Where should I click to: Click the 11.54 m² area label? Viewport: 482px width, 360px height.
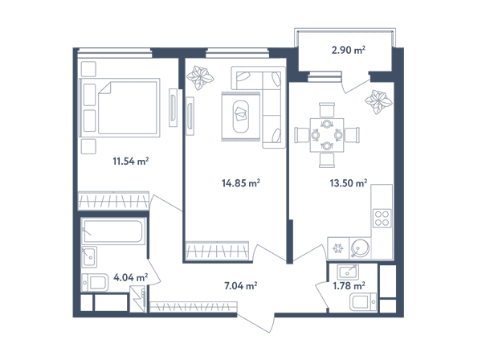(131, 161)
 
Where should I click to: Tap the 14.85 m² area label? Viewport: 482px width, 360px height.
(241, 183)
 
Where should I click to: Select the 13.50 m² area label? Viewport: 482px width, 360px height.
(349, 183)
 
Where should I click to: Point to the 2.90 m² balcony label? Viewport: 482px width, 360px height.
(349, 50)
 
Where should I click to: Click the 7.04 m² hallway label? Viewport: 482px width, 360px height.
(241, 286)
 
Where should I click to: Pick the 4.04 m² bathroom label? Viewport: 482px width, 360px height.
(131, 277)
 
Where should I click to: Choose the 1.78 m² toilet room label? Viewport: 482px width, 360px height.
(349, 286)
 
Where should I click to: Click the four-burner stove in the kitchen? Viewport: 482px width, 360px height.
(382, 218)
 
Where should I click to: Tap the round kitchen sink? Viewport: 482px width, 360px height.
(360, 247)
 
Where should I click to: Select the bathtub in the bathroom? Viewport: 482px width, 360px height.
(113, 231)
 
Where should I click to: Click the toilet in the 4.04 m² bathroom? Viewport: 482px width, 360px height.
(95, 282)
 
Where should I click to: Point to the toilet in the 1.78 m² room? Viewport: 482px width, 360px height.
(363, 301)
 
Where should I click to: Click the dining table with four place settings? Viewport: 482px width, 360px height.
(327, 135)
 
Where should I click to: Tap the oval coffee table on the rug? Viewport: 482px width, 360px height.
(241, 117)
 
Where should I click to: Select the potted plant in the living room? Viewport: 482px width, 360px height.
(200, 77)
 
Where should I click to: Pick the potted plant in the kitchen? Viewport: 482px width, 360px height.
(378, 102)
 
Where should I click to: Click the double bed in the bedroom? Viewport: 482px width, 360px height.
(120, 108)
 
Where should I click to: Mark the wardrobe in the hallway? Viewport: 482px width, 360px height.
(194, 306)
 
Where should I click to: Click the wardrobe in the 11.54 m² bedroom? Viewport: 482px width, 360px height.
(113, 201)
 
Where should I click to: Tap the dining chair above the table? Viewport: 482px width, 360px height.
(327, 110)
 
